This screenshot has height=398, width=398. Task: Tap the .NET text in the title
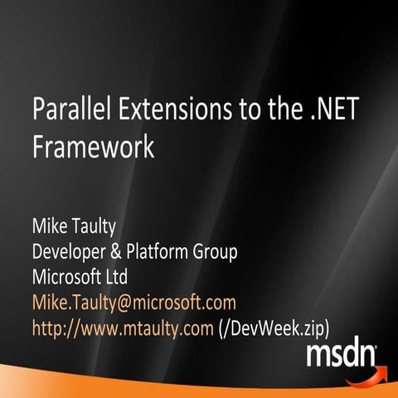296,109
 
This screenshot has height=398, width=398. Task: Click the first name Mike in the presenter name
50,226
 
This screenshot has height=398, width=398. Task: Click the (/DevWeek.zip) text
279,328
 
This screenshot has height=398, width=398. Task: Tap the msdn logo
341,355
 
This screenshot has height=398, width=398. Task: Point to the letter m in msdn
319,357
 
